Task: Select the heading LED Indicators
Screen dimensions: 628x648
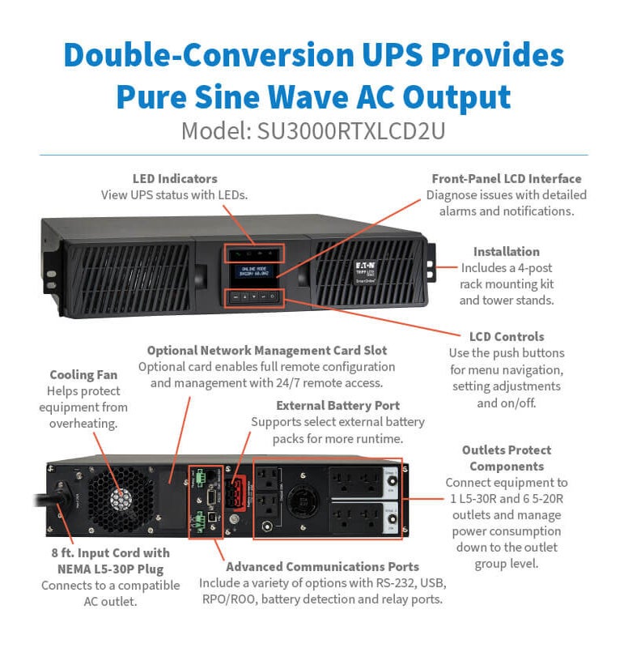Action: (x=175, y=178)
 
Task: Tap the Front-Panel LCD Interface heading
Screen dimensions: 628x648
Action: (x=507, y=178)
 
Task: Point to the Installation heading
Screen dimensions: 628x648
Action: (x=507, y=251)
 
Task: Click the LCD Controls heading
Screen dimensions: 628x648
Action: (x=507, y=336)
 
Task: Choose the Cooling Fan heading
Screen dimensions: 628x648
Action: (x=83, y=375)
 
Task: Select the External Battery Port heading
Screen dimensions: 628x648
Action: (x=338, y=405)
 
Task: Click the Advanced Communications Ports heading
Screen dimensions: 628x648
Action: (x=322, y=566)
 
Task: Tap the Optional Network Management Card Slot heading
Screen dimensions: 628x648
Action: (x=267, y=351)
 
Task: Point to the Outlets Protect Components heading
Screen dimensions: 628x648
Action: (x=507, y=458)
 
